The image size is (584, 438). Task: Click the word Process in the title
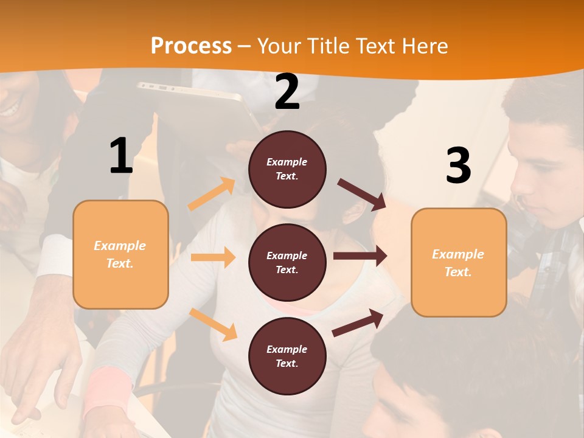pyautogui.click(x=191, y=46)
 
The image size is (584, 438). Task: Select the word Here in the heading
pyautogui.click(x=422, y=46)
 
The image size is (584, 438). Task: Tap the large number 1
pyautogui.click(x=121, y=156)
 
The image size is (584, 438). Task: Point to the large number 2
pyautogui.click(x=287, y=92)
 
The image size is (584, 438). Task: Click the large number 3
pyautogui.click(x=458, y=165)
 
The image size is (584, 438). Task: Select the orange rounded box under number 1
pyautogui.click(x=120, y=254)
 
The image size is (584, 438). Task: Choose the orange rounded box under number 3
pyautogui.click(x=459, y=262)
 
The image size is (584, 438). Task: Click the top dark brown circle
pyautogui.click(x=287, y=169)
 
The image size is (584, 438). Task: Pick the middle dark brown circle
pyautogui.click(x=287, y=262)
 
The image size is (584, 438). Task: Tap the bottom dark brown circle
pyautogui.click(x=287, y=356)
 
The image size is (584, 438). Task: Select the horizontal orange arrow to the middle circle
pyautogui.click(x=213, y=257)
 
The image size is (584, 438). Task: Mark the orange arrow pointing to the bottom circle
pyautogui.click(x=213, y=324)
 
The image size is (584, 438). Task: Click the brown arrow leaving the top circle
pyautogui.click(x=362, y=195)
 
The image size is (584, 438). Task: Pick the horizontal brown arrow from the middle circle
pyautogui.click(x=360, y=255)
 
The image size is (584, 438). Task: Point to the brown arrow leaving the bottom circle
pyautogui.click(x=358, y=322)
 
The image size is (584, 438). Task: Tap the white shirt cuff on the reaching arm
pyautogui.click(x=55, y=255)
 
